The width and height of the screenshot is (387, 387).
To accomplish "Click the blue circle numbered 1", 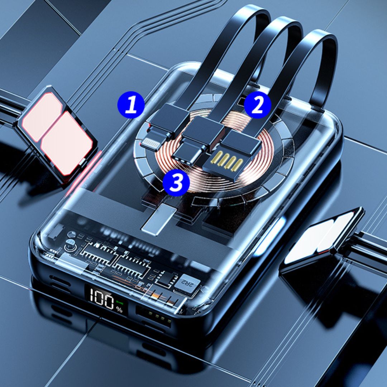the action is click(131, 105).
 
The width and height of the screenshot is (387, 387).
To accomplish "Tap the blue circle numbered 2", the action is click(257, 105).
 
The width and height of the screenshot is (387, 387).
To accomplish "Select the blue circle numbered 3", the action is click(176, 183).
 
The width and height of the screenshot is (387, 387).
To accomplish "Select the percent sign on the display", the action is click(120, 310).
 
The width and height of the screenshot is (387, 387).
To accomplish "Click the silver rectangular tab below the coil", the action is click(159, 219).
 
